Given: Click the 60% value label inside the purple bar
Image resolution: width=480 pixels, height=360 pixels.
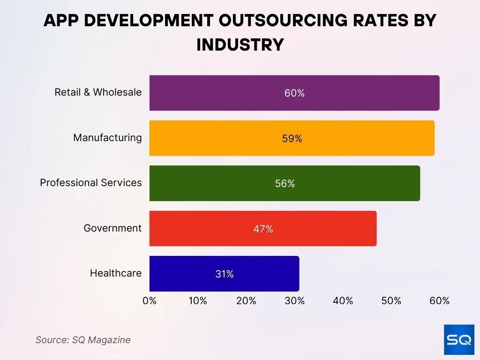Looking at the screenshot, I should click(x=294, y=93).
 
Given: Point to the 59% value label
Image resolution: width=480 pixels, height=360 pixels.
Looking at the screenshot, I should click(x=292, y=139).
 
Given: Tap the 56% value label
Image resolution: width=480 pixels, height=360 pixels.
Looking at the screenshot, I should click(x=285, y=184).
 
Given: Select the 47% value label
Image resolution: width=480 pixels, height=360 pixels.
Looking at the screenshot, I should click(x=263, y=229).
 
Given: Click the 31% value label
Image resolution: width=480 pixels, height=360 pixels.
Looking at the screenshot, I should click(x=225, y=274).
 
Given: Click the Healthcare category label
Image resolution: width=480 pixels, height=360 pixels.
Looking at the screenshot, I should click(x=116, y=273).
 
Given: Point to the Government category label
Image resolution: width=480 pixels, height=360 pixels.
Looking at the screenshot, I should click(x=112, y=228).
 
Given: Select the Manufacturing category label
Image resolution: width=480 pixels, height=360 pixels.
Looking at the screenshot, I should click(x=107, y=137).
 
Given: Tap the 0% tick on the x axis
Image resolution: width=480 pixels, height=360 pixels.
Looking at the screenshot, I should click(x=150, y=301).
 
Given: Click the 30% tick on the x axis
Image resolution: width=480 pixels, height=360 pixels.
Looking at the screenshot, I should click(x=294, y=301).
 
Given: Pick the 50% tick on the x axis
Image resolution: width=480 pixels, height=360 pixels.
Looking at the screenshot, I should click(x=391, y=301).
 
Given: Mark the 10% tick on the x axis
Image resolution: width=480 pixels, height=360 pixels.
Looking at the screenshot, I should click(x=198, y=301).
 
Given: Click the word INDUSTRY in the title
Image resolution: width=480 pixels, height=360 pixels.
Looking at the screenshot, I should click(x=240, y=45).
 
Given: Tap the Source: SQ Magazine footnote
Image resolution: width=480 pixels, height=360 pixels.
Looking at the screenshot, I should click(x=83, y=340).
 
